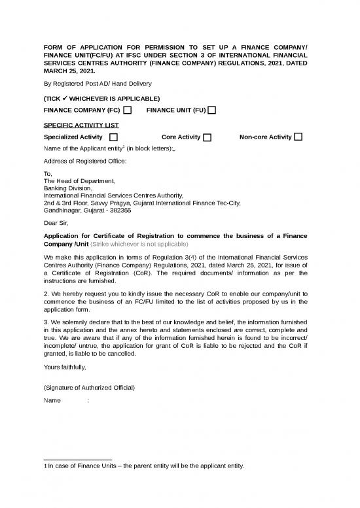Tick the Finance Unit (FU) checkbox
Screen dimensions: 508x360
click(212, 110)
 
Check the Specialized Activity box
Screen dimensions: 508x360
click(114, 137)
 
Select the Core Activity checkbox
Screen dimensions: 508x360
click(207, 137)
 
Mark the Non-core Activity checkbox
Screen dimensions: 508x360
click(298, 137)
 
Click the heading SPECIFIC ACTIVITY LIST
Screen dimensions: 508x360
click(81, 124)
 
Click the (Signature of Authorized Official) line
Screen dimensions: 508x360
click(89, 388)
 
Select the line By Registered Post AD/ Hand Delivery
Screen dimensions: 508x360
click(98, 84)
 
